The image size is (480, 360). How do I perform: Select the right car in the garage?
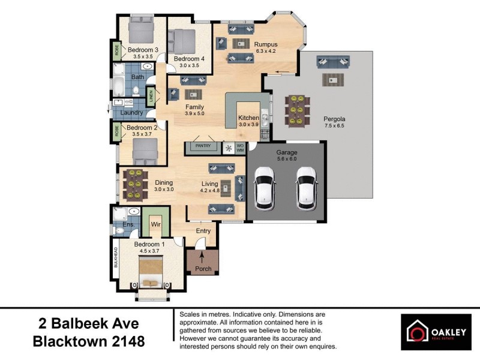pos(307,187)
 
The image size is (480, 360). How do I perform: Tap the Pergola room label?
pos(334,119)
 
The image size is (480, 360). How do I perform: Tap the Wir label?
pos(155,224)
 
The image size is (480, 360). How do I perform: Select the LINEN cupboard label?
pos(151,94)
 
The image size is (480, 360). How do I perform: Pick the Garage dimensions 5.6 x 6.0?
pos(286,160)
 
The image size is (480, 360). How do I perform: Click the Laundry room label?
pos(131,112)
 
